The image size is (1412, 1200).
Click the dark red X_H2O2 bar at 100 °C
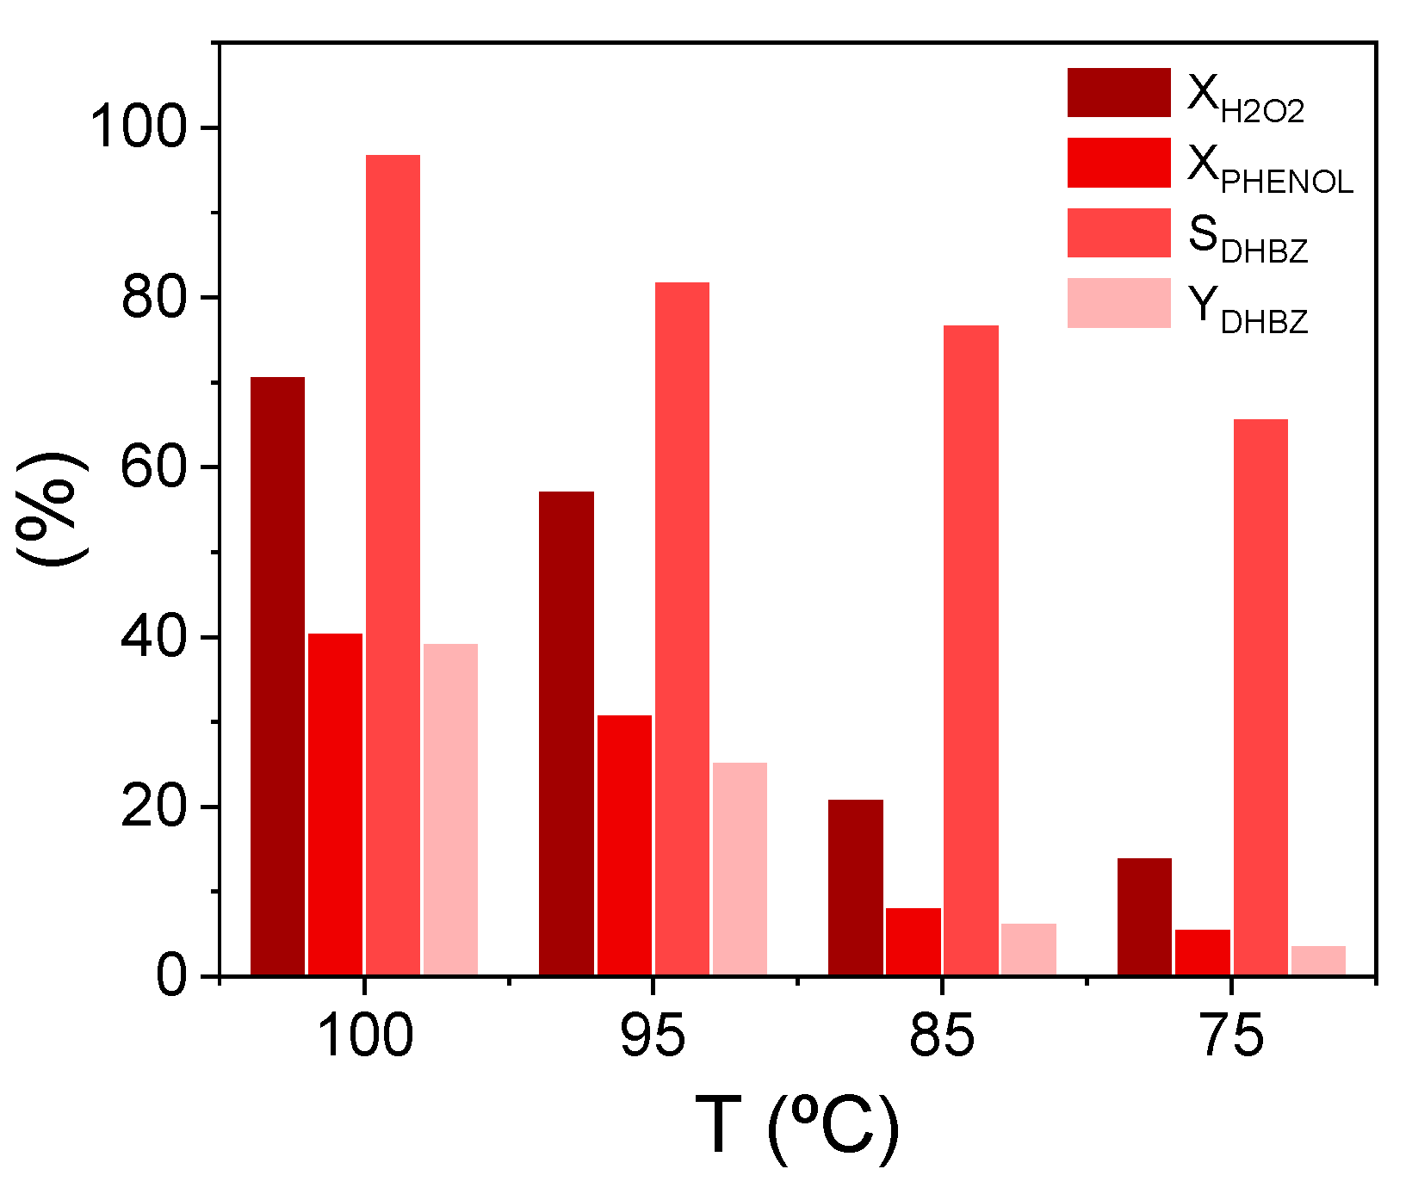[x=277, y=676]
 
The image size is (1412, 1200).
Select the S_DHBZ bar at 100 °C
[x=393, y=565]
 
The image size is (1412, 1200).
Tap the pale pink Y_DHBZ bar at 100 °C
[x=450, y=809]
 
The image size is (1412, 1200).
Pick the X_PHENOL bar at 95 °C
[x=624, y=845]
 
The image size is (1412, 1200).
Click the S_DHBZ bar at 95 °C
[x=682, y=628]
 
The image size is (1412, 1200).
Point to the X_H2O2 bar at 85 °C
[x=855, y=888]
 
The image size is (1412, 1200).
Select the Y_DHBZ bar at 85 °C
[x=1028, y=949]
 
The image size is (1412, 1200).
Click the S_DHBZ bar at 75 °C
[x=1260, y=697]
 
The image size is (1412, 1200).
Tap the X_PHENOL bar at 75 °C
[x=1202, y=952]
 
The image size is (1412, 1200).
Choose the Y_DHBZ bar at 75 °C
[x=1318, y=961]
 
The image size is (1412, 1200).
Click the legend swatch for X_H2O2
[x=1118, y=93]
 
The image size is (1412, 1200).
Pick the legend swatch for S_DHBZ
[x=1118, y=232]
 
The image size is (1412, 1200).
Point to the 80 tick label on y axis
[x=154, y=299]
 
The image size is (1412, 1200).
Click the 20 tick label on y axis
[x=154, y=808]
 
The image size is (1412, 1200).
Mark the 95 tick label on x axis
[x=653, y=1036]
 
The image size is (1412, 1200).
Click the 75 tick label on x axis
[x=1231, y=1036]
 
